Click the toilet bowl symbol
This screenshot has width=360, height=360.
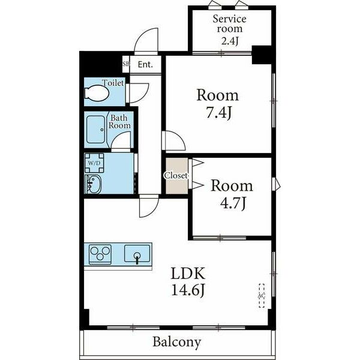pyautogui.click(x=97, y=93)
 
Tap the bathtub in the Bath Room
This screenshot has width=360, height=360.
pyautogui.click(x=96, y=130)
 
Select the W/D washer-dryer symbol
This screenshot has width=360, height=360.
pyautogui.click(x=94, y=163)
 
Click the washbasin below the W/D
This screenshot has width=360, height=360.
pyautogui.click(x=93, y=184)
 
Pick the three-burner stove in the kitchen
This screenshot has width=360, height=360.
pyautogui.click(x=100, y=254)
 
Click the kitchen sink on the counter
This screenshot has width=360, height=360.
pyautogui.click(x=137, y=254)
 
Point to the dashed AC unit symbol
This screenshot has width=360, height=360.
pyautogui.click(x=262, y=296)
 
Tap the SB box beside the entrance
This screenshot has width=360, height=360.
pyautogui.click(x=126, y=64)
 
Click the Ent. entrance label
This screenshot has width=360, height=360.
pyautogui.click(x=145, y=65)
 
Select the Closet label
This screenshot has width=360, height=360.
pyautogui.click(x=176, y=176)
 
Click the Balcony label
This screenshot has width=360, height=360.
pyautogui.click(x=177, y=342)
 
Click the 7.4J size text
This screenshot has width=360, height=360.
pyautogui.click(x=218, y=113)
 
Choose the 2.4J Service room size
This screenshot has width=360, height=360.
pyautogui.click(x=230, y=41)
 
